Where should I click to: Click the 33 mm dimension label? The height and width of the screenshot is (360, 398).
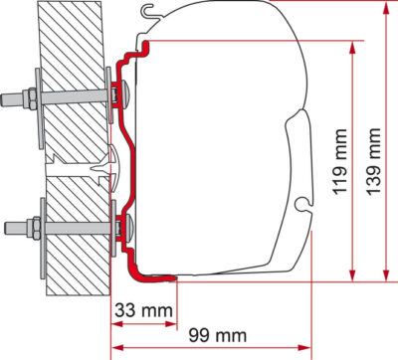[x=143, y=310]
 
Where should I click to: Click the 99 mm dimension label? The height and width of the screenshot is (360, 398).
[x=218, y=335]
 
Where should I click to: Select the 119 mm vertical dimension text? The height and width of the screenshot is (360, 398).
[x=339, y=162]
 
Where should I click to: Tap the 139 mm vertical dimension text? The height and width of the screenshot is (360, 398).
[x=374, y=162]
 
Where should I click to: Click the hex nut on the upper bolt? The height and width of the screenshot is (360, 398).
[x=32, y=98]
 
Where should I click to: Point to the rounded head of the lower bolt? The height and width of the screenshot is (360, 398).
[x=128, y=228]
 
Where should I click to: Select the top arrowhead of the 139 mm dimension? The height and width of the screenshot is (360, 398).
[x=386, y=9]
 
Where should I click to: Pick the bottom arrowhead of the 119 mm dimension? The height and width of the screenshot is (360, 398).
[x=352, y=274]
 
